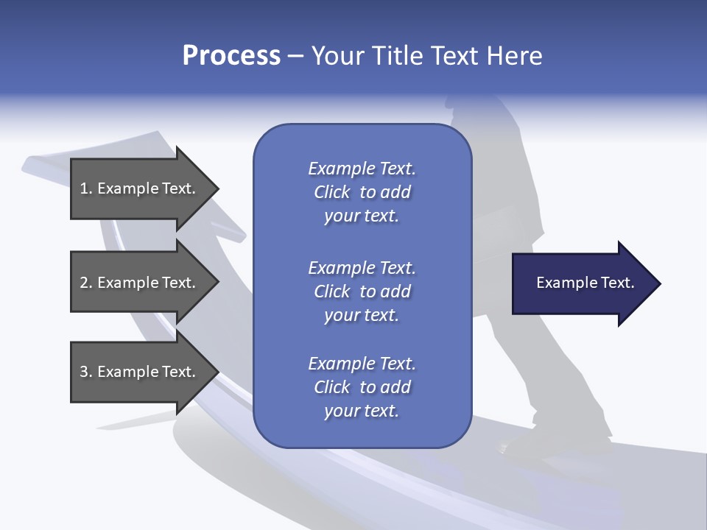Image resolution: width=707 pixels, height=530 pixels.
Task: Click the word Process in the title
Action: (231, 55)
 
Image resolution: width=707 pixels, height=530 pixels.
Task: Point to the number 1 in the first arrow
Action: (84, 188)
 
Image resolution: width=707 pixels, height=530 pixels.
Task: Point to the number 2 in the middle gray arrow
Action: (85, 283)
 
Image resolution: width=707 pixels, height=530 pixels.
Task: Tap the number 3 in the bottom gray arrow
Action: (85, 372)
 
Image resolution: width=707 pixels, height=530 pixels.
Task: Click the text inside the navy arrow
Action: (585, 283)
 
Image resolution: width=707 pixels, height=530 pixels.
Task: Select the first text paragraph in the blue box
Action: (362, 192)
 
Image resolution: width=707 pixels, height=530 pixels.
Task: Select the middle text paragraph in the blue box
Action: (362, 291)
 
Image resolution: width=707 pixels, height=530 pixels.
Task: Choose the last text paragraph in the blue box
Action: (362, 387)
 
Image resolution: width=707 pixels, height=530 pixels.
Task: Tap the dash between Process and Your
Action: (295, 56)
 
